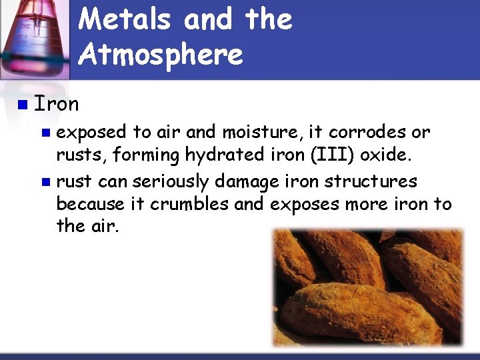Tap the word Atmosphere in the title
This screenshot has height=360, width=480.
161,53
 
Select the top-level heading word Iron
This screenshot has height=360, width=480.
57,104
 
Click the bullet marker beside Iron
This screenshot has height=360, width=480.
23,105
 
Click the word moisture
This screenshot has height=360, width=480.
256,132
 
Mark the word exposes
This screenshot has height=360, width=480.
303,204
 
